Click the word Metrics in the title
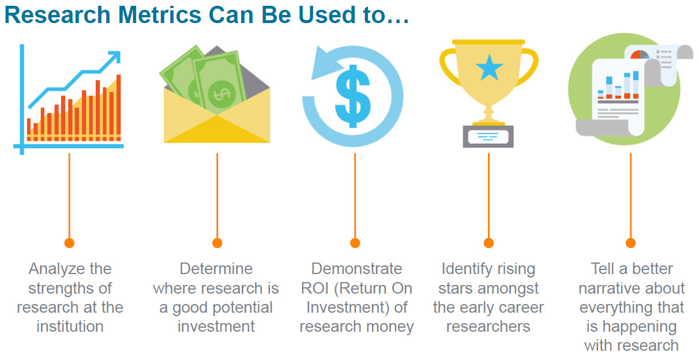click(160, 14)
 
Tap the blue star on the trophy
click(489, 67)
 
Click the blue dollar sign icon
click(352, 96)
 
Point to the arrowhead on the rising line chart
click(114, 57)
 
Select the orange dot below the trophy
click(488, 243)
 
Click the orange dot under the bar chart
click(69, 243)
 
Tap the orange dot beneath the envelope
click(217, 243)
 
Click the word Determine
click(216, 268)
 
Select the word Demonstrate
click(356, 268)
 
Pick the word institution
click(70, 327)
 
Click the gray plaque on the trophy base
click(488, 137)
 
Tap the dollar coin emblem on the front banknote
click(222, 94)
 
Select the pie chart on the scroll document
click(640, 54)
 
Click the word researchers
click(488, 327)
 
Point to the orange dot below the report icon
click(631, 243)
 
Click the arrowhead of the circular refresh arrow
click(325, 63)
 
